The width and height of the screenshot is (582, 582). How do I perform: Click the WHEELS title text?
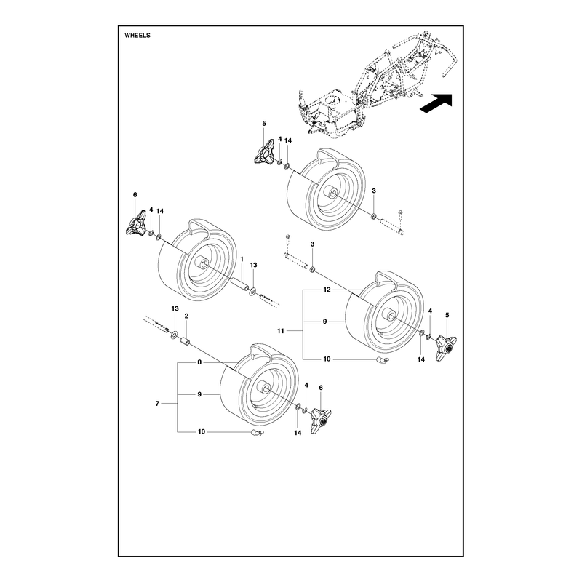click(137, 35)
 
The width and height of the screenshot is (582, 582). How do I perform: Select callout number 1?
click(242, 259)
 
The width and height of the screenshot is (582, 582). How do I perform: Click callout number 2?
click(186, 316)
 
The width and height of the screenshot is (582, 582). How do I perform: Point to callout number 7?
click(157, 404)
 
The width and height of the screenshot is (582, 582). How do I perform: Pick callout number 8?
click(199, 362)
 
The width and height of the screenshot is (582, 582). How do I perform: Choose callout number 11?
click(281, 330)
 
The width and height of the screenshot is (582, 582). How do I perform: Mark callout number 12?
click(327, 290)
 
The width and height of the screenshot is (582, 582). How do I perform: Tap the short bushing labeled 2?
click(186, 341)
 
